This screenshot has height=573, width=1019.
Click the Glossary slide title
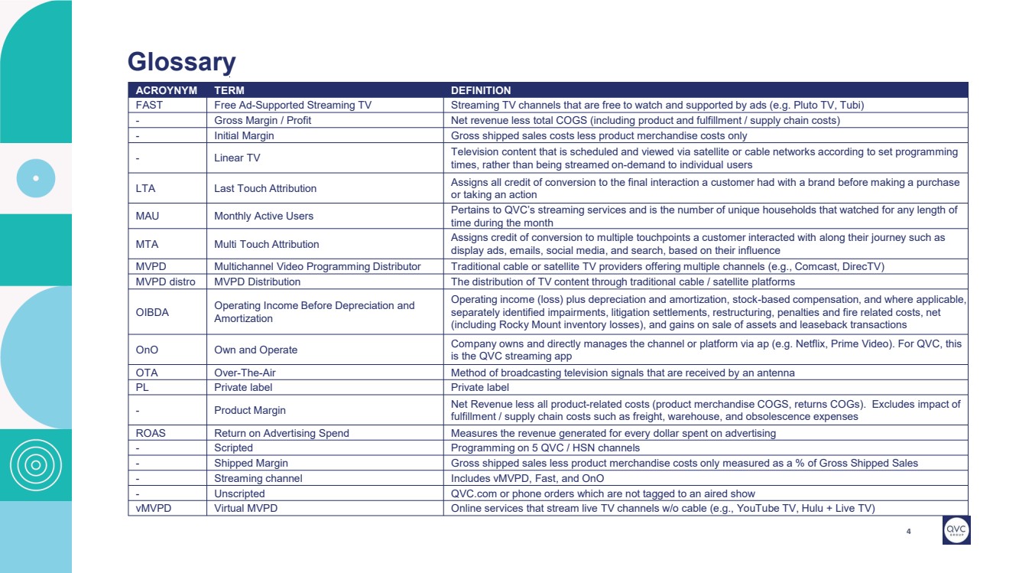click(x=181, y=61)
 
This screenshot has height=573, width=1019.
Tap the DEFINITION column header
click(x=481, y=90)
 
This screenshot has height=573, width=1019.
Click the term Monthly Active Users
click(x=264, y=216)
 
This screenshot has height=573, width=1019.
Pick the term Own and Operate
click(x=255, y=350)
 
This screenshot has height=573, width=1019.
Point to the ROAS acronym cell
click(x=151, y=433)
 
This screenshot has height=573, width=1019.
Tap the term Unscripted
click(x=239, y=493)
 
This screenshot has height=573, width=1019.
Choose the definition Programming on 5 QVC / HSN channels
click(x=545, y=448)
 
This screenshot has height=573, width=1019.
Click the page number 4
click(x=908, y=532)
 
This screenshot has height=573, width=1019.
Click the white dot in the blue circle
click(x=36, y=179)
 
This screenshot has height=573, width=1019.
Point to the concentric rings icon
click(x=35, y=465)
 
